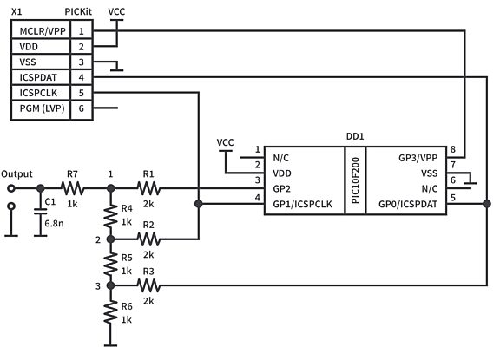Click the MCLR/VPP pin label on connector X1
click(x=38, y=30)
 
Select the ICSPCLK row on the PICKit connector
click(x=35, y=93)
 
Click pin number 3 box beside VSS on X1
click(x=81, y=62)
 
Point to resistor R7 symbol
click(x=72, y=187)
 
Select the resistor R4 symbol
click(x=110, y=214)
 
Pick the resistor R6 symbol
click(x=110, y=312)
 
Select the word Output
click(x=17, y=173)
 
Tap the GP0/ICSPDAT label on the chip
click(x=406, y=204)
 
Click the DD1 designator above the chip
click(x=355, y=136)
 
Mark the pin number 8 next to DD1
click(x=452, y=149)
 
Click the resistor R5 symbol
click(x=110, y=262)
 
